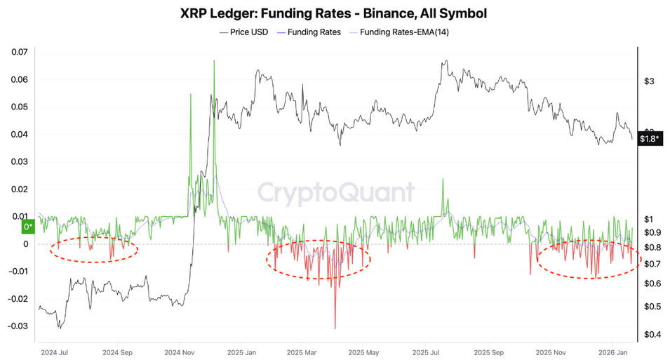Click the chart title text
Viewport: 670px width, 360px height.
click(335, 13)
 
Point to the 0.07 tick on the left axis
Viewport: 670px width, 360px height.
click(18, 52)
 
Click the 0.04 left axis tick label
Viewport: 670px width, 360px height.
click(18, 134)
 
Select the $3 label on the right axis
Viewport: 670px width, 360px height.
click(649, 81)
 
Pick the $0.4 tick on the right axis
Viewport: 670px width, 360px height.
click(652, 334)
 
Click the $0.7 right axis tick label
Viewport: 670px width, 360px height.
click(652, 264)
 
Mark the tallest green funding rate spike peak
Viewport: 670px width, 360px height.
click(213, 61)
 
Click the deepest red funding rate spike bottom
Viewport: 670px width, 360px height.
click(335, 328)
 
